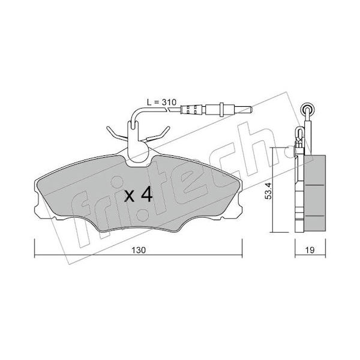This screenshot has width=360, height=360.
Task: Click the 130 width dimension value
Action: pos(139,250)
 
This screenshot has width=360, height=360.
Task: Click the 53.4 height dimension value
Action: pos(269,191)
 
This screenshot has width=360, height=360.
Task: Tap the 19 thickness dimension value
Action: pos(310,250)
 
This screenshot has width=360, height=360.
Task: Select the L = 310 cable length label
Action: pos(161,102)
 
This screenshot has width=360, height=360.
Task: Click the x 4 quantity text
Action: pos(139,194)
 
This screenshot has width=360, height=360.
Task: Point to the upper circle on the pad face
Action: pos(116,182)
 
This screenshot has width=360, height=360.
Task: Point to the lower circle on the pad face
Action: pos(142,215)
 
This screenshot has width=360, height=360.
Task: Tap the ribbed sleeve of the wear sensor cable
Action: pos(191,109)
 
